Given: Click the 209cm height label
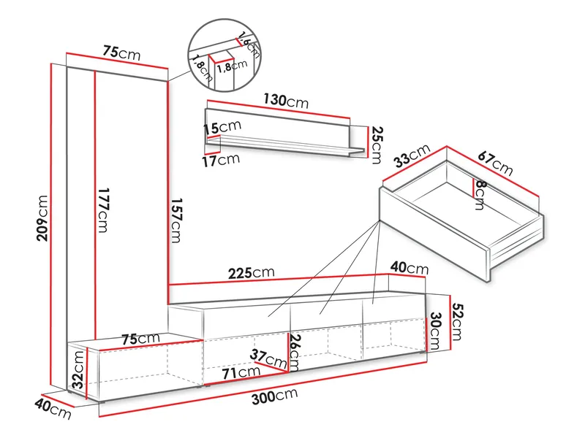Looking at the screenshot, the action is point(43,218).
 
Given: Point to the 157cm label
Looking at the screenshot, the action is point(175,220).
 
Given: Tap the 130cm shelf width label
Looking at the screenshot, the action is point(286,101).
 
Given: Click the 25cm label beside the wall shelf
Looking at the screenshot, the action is point(377,145).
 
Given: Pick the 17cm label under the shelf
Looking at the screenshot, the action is point(222,160).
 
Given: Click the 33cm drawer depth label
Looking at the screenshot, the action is point(412,155).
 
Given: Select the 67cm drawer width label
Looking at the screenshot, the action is point(496,163).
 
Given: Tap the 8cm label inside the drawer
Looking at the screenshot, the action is point(479,195).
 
